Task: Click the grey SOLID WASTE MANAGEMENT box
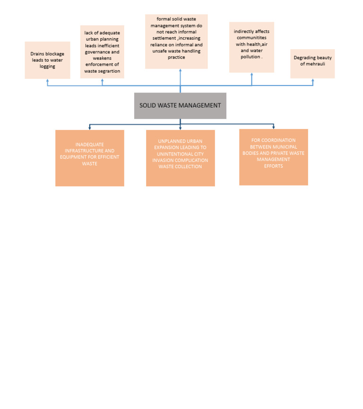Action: point(180,105)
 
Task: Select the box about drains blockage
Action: point(47,60)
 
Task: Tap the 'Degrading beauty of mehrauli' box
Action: point(312,64)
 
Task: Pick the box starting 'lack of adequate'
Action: point(102,52)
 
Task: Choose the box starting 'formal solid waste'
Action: point(176,42)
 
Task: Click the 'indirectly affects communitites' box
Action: point(251,47)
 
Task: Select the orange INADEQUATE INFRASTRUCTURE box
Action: point(90,158)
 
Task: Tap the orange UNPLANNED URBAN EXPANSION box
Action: point(180,158)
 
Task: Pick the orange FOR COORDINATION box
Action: point(273,157)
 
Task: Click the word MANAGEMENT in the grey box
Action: point(200,105)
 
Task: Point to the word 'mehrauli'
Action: point(312,64)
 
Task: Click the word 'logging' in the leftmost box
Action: point(47,67)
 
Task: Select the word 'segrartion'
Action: point(109,71)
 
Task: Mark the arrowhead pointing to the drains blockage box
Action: point(47,81)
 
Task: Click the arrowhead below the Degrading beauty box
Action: point(312,80)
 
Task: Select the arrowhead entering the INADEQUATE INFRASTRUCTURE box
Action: point(90,128)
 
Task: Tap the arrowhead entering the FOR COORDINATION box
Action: point(273,127)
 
